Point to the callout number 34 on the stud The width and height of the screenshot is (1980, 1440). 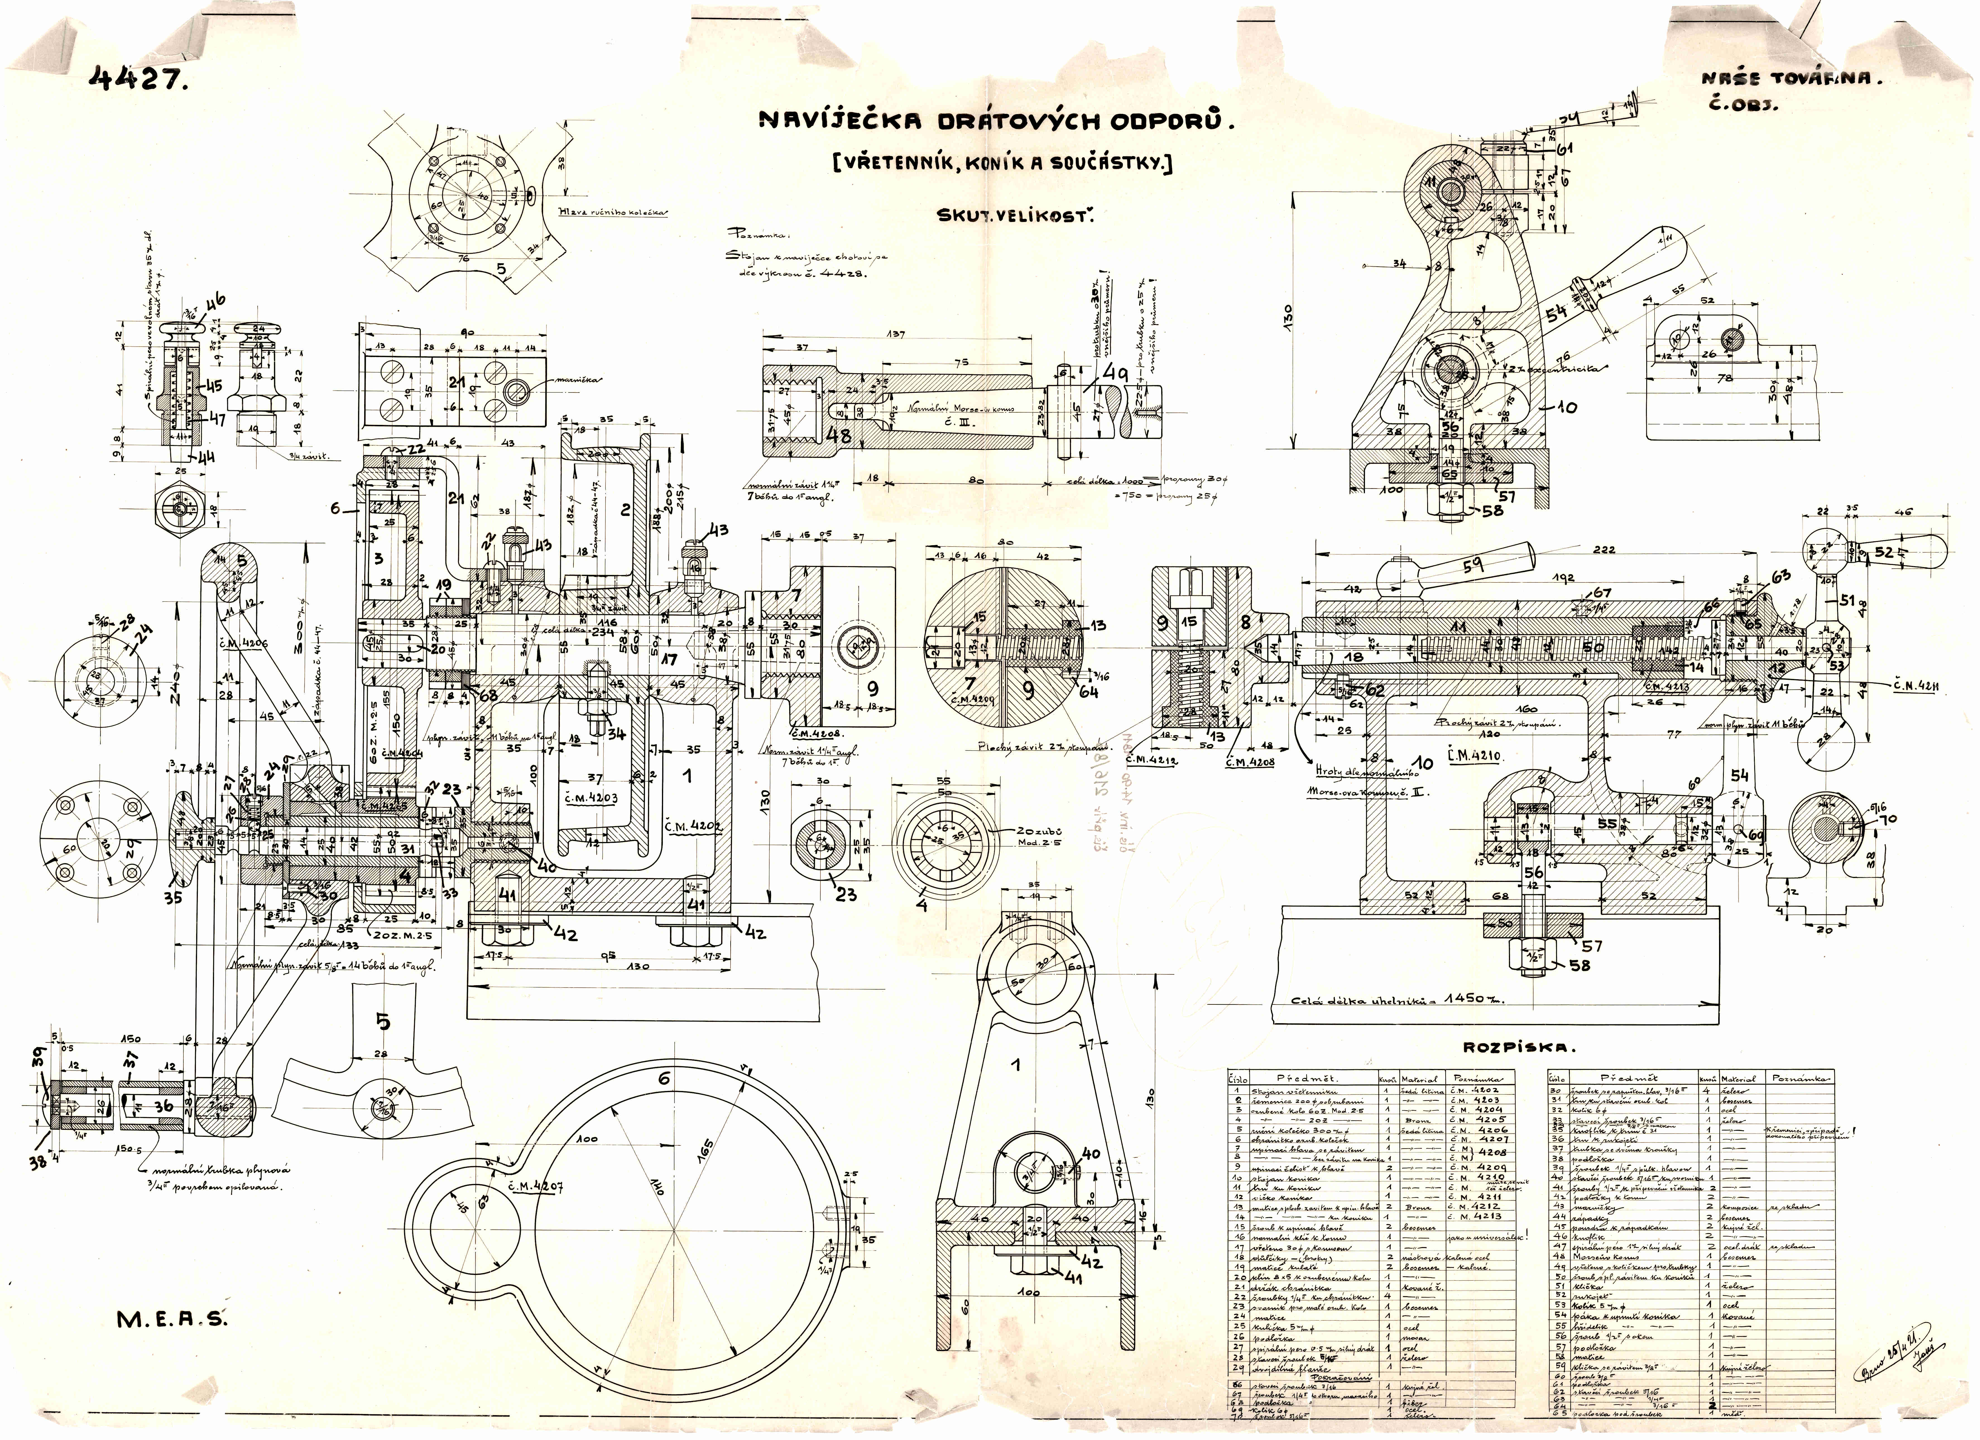616,733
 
